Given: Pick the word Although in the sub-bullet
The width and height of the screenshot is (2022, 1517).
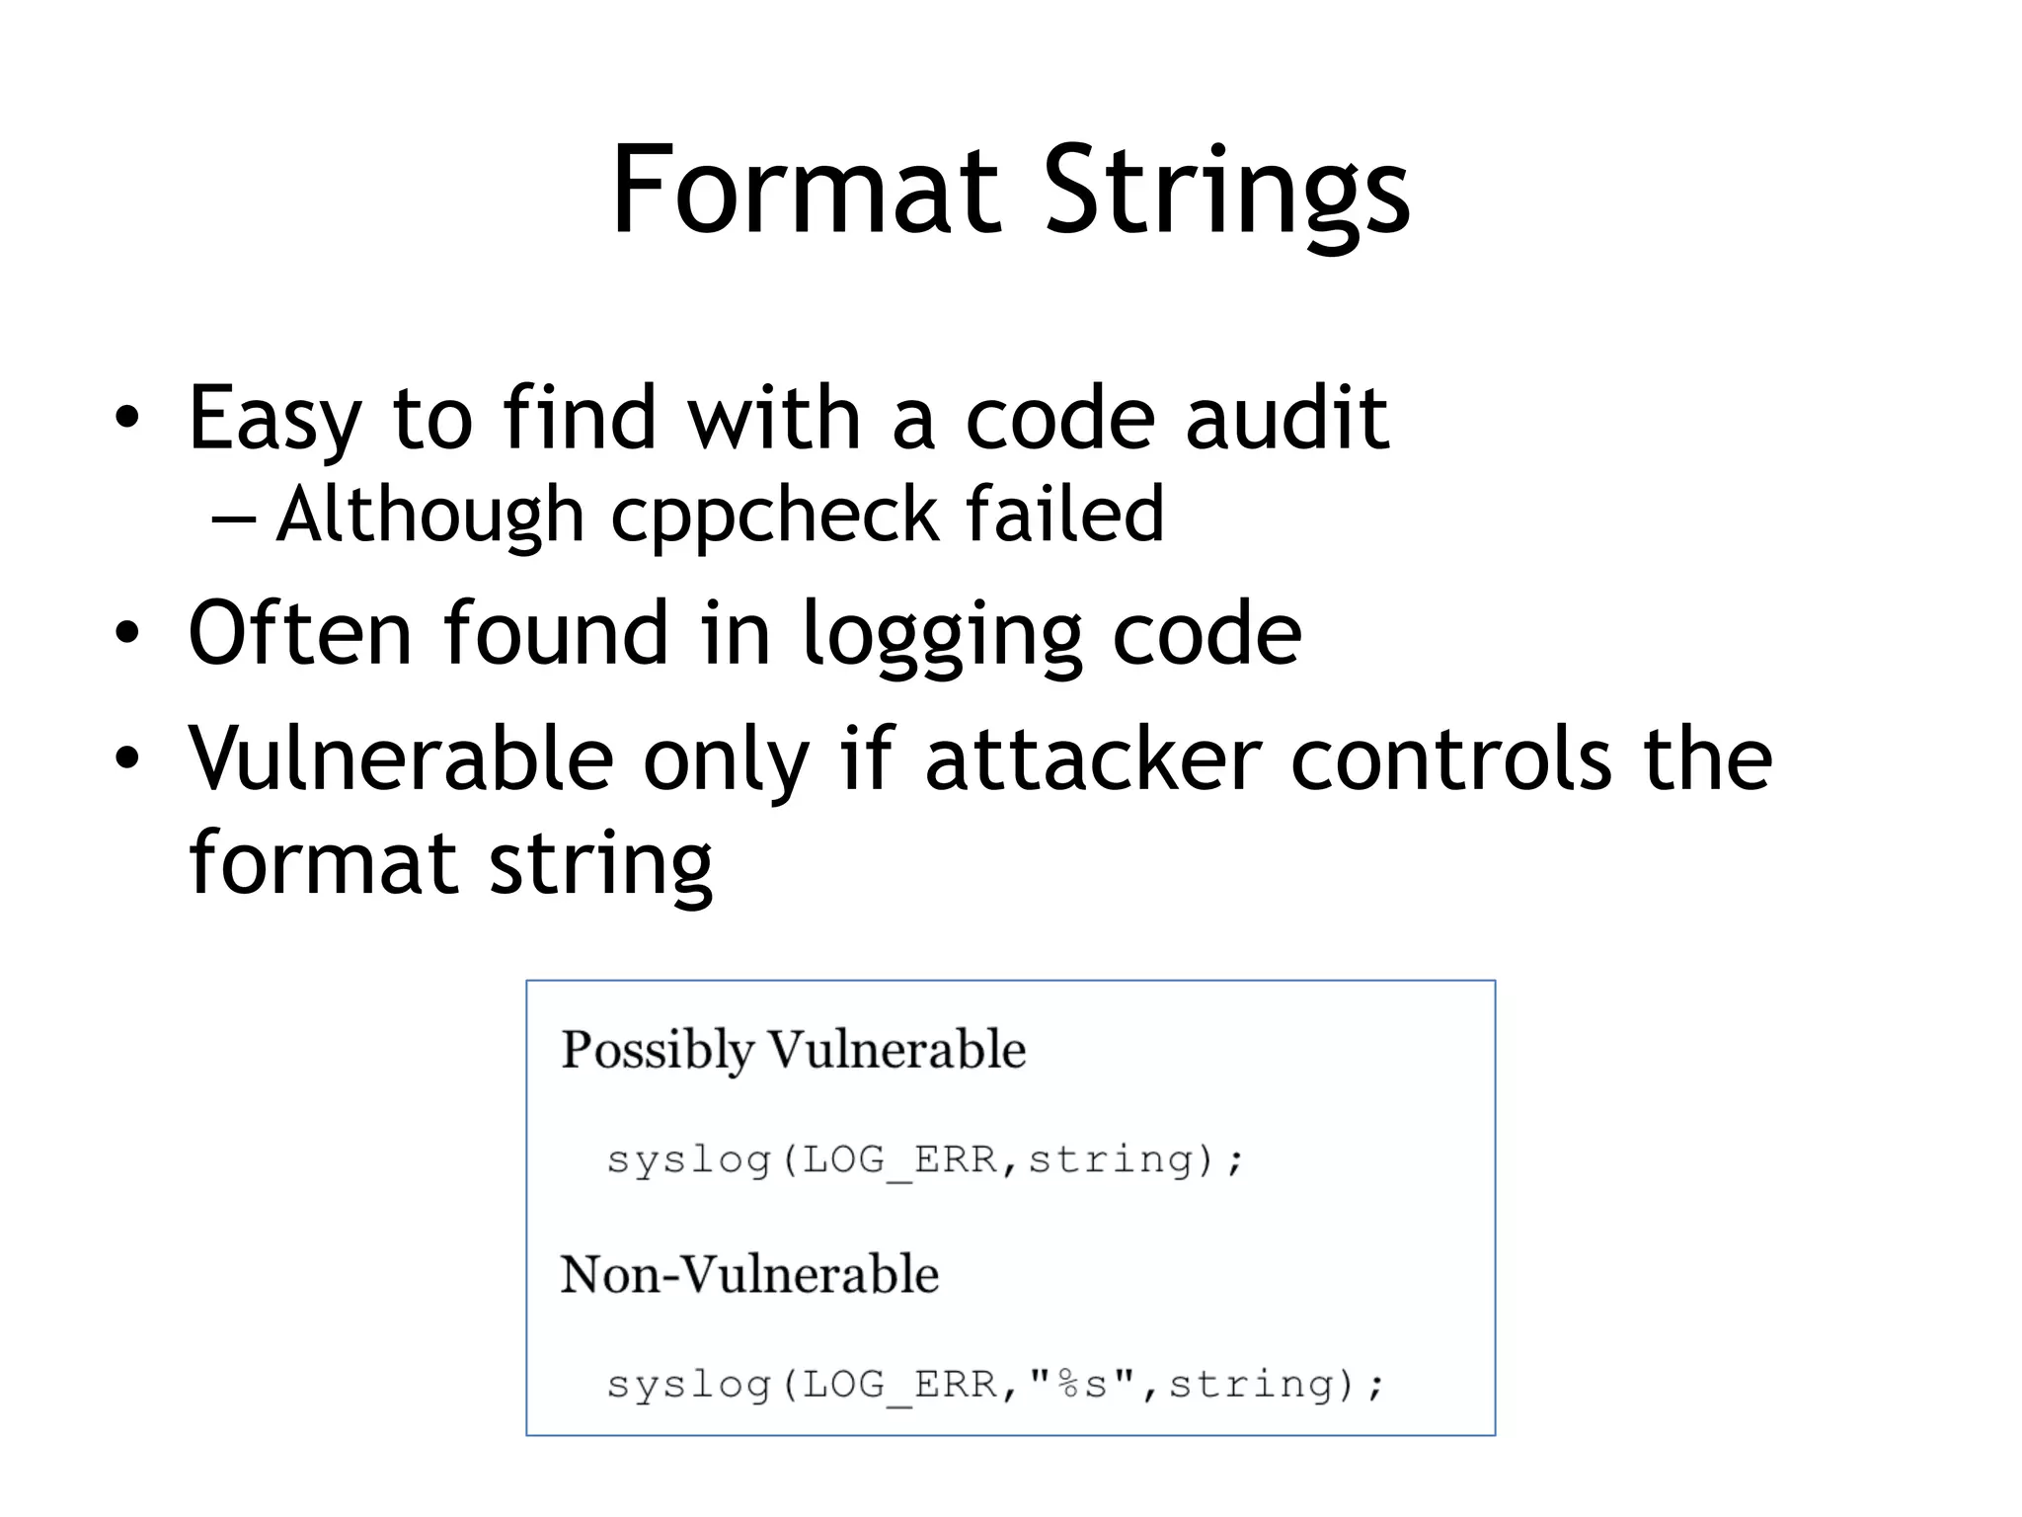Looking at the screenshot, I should tap(430, 516).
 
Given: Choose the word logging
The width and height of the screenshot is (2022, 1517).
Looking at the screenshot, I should tap(941, 637).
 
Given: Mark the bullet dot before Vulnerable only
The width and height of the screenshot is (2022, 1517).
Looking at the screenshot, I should tap(126, 758).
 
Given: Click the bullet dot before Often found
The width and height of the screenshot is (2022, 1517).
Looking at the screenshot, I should tap(126, 633).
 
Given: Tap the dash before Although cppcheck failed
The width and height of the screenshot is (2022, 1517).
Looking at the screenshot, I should tap(233, 518).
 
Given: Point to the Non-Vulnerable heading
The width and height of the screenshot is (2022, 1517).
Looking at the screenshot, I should tap(749, 1274).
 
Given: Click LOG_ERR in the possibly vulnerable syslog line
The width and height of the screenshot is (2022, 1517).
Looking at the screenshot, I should tap(899, 1159).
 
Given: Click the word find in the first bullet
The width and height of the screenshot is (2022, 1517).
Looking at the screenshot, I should tap(580, 419).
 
